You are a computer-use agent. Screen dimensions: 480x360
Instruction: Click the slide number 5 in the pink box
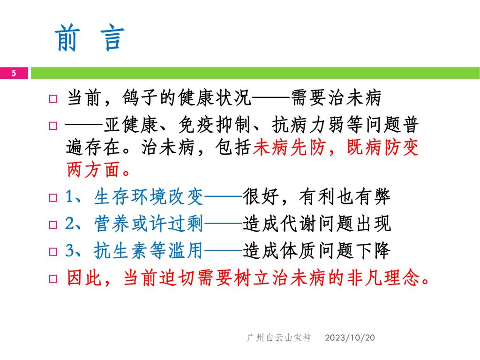coord(14,73)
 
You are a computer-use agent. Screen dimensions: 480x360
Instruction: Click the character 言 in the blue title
coord(112,38)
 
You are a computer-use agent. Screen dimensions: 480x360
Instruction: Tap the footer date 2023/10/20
coord(350,337)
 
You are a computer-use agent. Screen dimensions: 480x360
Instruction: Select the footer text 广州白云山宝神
coord(279,337)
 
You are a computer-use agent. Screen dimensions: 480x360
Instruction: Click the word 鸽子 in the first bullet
coord(141,98)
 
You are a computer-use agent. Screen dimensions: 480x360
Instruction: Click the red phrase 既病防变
coord(382,147)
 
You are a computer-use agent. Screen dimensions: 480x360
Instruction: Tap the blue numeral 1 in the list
coord(70,196)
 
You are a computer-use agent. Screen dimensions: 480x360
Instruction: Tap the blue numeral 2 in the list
coord(70,223)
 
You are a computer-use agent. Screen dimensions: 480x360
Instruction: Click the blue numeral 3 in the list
coord(70,250)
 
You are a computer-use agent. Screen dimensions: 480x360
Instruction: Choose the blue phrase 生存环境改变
coord(149,196)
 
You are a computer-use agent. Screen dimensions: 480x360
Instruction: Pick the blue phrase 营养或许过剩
coord(149,224)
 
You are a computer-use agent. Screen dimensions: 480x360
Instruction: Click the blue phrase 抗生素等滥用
coord(149,251)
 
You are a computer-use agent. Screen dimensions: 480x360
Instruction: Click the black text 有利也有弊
coord(345,196)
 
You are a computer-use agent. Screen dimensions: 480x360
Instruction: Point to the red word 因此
coord(84,278)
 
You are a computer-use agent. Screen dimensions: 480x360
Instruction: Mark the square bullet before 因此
coord(53,279)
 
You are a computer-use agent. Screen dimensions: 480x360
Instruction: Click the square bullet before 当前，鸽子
coord(53,99)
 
